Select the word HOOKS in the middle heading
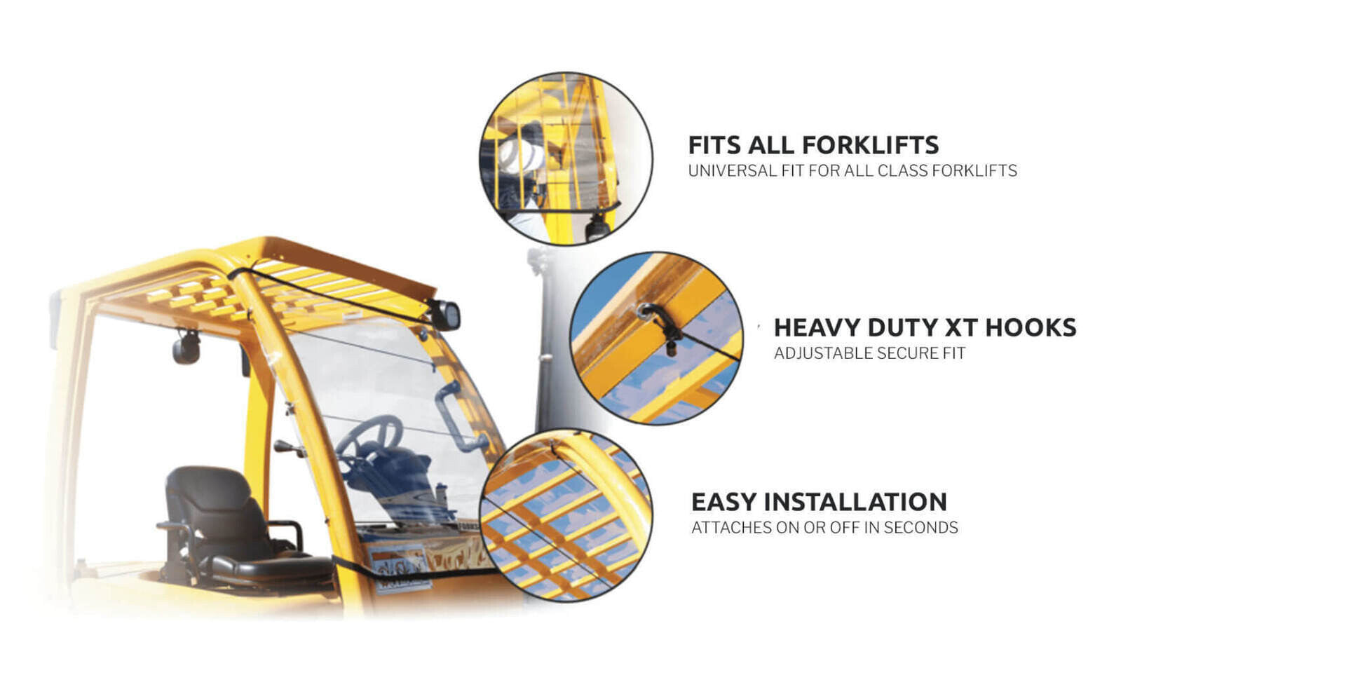click(x=1031, y=327)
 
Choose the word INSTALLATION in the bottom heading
click(x=855, y=502)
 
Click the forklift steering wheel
click(x=369, y=438)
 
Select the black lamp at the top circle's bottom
click(x=597, y=227)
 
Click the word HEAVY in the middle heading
click(x=817, y=327)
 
